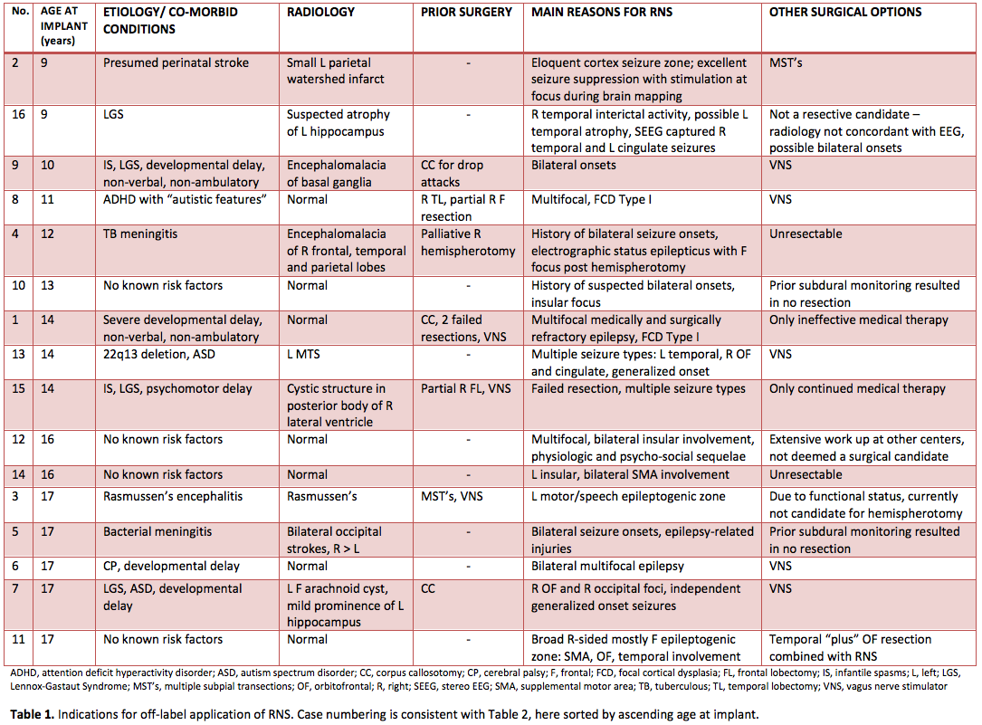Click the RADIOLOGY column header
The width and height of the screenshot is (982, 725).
[x=320, y=13]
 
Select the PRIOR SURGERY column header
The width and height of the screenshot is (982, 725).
[x=466, y=13]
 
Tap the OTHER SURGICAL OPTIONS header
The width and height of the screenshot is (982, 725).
[x=845, y=13]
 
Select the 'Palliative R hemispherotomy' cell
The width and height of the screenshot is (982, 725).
[x=468, y=242]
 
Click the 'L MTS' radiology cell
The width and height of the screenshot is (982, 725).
[x=307, y=354]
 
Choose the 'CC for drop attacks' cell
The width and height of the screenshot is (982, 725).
[x=453, y=174]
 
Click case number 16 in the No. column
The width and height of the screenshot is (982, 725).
[x=18, y=115]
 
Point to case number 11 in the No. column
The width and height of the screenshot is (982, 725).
[x=18, y=640]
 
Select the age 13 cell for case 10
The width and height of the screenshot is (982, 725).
[x=49, y=286]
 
